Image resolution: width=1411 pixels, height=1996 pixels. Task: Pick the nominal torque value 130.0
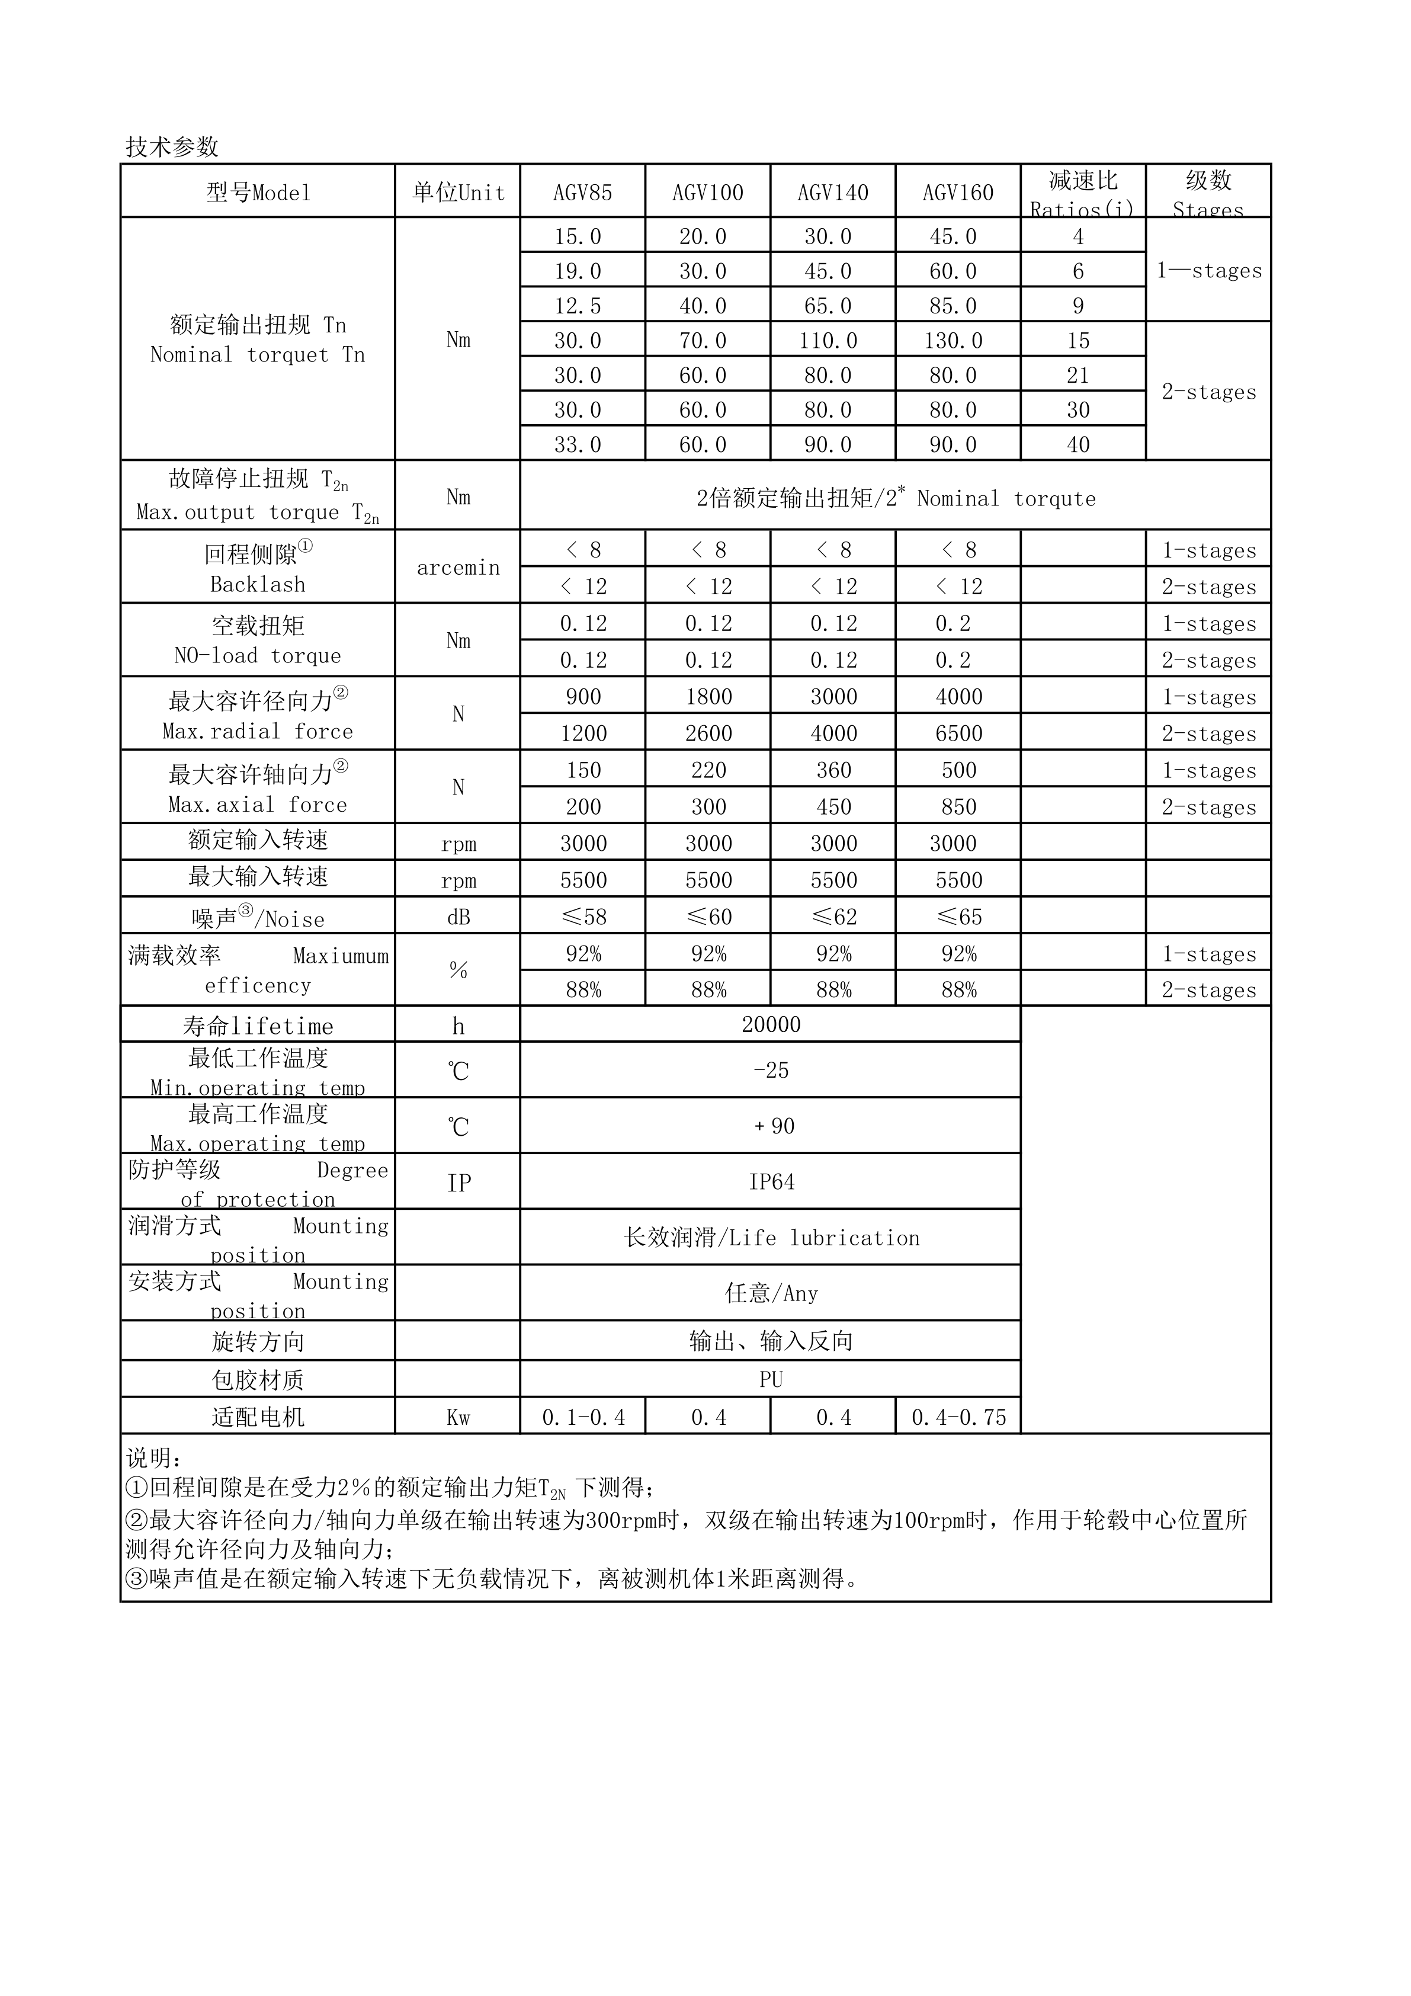953,341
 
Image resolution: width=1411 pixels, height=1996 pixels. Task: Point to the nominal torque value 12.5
578,306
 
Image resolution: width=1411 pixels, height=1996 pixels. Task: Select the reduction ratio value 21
1078,376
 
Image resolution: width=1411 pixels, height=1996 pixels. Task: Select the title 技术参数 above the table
172,147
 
